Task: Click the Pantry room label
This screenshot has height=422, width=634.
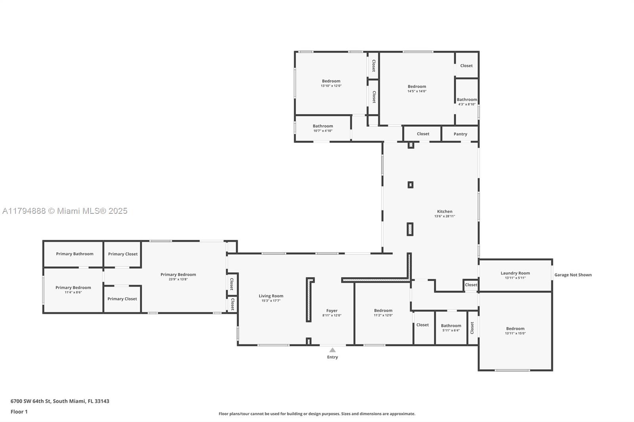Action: [x=460, y=134]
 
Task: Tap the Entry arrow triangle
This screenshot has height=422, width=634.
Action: [x=332, y=350]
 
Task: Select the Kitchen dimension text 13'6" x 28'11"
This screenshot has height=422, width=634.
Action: [x=445, y=216]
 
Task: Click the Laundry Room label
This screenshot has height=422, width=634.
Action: [x=515, y=273]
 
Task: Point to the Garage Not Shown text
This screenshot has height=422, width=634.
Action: [x=573, y=275]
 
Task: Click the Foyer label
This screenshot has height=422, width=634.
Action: [x=332, y=311]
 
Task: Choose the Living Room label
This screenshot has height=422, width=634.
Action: [x=271, y=296]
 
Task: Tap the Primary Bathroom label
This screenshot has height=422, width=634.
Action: [x=74, y=254]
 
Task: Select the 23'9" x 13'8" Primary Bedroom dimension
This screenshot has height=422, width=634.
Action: [x=178, y=279]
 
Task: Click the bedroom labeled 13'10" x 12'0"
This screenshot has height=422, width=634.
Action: [x=331, y=83]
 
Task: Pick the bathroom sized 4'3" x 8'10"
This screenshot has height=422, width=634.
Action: [x=466, y=102]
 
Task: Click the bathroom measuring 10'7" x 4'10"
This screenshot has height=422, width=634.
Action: [x=323, y=128]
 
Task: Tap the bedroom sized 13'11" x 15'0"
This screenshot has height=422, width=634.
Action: [x=515, y=331]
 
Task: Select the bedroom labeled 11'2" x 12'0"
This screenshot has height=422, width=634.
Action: [x=383, y=313]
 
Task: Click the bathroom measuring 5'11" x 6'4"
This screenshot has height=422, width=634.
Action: [x=451, y=328]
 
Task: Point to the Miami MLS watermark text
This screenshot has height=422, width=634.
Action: [x=65, y=211]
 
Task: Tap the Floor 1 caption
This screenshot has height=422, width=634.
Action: [x=19, y=412]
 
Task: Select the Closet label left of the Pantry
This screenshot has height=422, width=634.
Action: [x=423, y=134]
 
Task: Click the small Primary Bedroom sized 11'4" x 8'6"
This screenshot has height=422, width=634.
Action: [x=73, y=290]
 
